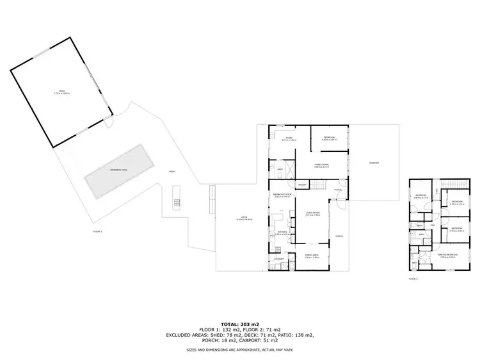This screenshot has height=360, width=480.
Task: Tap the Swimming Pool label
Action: [x=120, y=170]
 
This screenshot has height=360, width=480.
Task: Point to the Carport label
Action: [x=374, y=163]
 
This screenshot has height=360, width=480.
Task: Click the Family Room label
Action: [x=321, y=166]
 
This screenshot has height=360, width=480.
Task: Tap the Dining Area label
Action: [x=312, y=257]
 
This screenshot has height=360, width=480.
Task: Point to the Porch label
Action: [x=339, y=236]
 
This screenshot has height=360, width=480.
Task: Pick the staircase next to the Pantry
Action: [x=321, y=186]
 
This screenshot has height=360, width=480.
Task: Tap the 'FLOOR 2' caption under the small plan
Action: [x=413, y=279]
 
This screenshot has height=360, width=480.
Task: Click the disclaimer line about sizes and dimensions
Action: [x=240, y=350]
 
